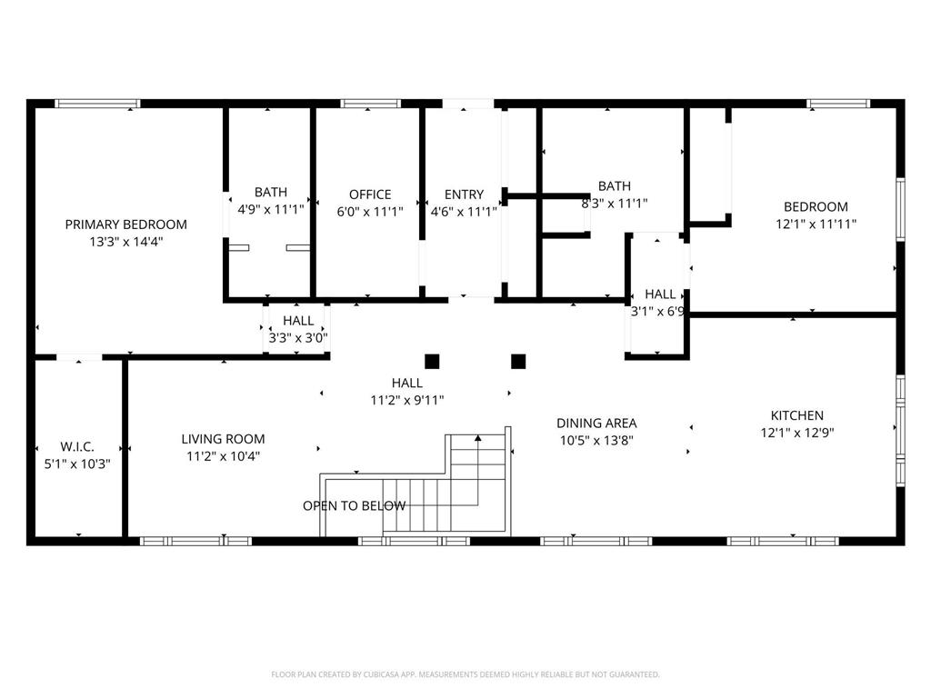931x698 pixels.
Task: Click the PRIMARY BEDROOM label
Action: pyautogui.click(x=125, y=224)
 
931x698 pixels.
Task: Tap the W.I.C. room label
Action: pyautogui.click(x=77, y=447)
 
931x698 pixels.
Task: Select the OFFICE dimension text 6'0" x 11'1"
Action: pyautogui.click(x=370, y=212)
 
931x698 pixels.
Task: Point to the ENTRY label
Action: pyautogui.click(x=464, y=194)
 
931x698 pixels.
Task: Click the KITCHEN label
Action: pyautogui.click(x=796, y=415)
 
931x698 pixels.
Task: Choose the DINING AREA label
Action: pyautogui.click(x=596, y=424)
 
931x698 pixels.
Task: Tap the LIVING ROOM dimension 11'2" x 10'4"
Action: pyautogui.click(x=224, y=456)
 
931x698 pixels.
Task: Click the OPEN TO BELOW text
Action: pyautogui.click(x=355, y=505)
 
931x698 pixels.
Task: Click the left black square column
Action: pyautogui.click(x=432, y=362)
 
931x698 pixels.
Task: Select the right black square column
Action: pyautogui.click(x=518, y=362)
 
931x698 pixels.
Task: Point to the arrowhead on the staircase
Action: pyautogui.click(x=478, y=438)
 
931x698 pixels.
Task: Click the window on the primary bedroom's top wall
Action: pyautogui.click(x=98, y=104)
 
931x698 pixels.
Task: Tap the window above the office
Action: pyautogui.click(x=371, y=104)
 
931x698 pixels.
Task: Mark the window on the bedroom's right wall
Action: pyautogui.click(x=900, y=210)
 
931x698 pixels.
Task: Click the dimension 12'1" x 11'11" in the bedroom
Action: pyautogui.click(x=816, y=224)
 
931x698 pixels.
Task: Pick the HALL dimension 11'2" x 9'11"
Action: pyautogui.click(x=407, y=401)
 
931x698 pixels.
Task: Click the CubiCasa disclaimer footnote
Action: pyautogui.click(x=465, y=674)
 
